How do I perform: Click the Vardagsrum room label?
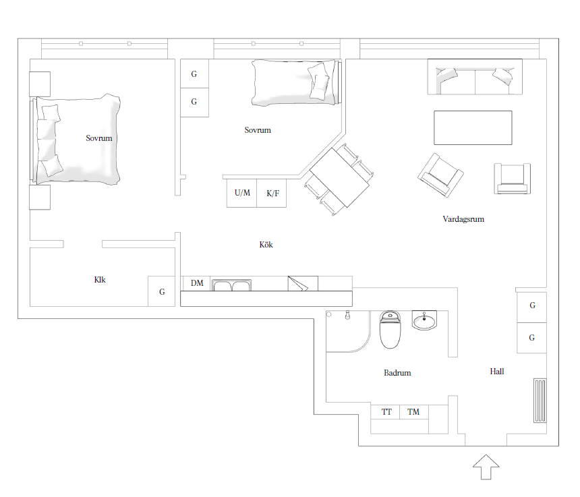point(463,219)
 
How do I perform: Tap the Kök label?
point(266,244)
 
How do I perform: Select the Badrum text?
point(397,373)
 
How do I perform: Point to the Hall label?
point(497,372)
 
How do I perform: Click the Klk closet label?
point(100,280)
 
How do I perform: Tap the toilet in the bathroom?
point(390,329)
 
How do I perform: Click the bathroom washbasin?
point(424,320)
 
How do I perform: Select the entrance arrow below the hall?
point(486,467)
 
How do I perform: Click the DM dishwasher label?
point(197,283)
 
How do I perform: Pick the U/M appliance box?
point(241,193)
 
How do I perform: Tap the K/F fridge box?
point(272,193)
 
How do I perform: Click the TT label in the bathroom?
point(386,411)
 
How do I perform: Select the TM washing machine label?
point(413,411)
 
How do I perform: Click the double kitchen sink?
point(231,285)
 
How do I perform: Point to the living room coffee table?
point(473,127)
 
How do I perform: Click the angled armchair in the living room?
point(440,175)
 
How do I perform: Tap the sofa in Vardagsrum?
point(475,77)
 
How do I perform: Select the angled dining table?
point(339,177)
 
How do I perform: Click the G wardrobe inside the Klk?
point(162,291)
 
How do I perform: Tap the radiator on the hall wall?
point(540,401)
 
